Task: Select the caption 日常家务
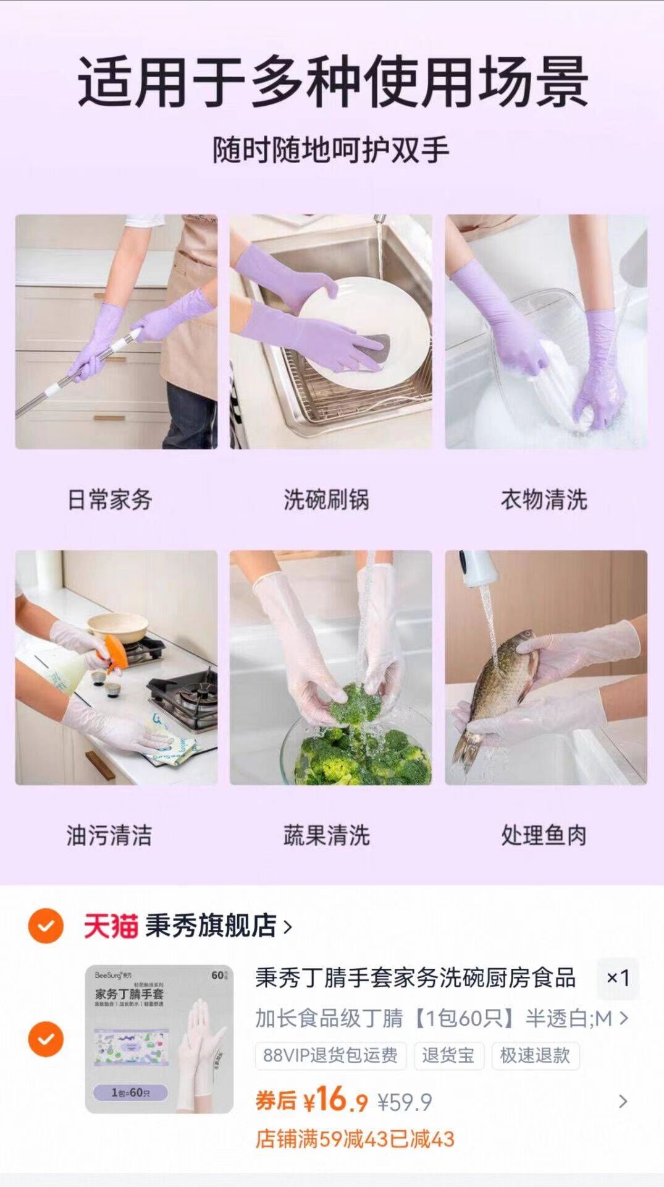110,500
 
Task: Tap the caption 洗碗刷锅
326,500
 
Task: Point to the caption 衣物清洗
544,500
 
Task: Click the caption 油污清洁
109,835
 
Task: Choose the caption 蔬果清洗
326,835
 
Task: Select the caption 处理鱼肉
544,835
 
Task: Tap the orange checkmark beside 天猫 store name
46,925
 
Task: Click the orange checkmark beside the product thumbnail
46,1039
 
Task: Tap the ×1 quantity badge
618,978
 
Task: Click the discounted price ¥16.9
335,1100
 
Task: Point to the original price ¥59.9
405,1102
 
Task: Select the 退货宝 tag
448,1055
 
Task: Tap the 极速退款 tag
535,1055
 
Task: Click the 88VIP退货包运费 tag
330,1055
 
